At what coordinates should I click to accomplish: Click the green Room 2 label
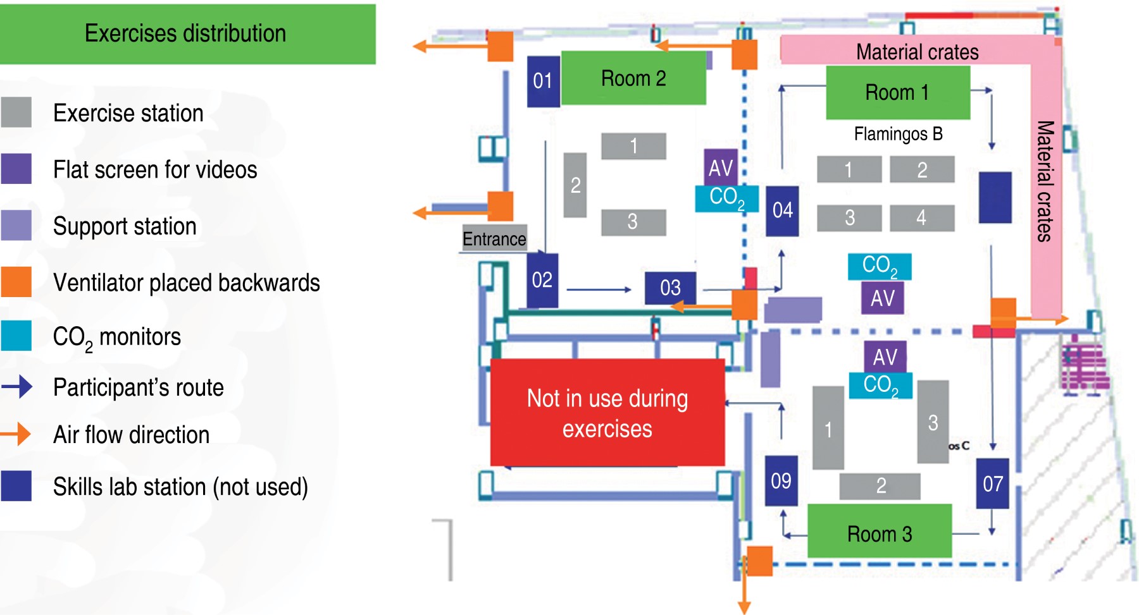pos(633,78)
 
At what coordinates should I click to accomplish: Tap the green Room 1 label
pos(897,93)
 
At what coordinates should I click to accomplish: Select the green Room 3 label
pos(880,533)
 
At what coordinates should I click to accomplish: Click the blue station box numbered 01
pos(543,81)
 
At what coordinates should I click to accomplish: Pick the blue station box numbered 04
pos(782,210)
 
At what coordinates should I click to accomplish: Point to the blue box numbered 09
pos(781,481)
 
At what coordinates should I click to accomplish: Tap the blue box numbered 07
pos(992,484)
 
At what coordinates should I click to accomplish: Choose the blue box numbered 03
pos(670,288)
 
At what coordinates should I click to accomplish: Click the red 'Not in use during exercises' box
pos(607,413)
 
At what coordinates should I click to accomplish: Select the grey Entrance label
pos(494,239)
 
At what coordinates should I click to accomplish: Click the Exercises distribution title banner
pos(187,33)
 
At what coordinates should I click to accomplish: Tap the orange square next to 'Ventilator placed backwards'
pos(16,282)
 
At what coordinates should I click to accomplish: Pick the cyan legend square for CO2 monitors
pos(16,336)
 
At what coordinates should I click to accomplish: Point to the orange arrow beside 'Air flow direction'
pos(17,434)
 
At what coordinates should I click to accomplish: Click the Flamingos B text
pos(898,134)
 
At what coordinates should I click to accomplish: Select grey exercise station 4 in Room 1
pos(922,218)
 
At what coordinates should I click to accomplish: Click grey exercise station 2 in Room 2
pos(575,185)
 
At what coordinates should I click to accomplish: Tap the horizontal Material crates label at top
pos(917,52)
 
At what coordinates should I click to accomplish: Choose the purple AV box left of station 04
pos(721,167)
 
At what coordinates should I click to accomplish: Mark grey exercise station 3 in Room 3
pos(933,422)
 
